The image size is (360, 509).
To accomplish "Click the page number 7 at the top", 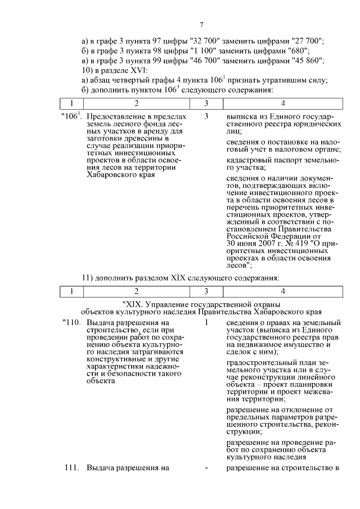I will pyautogui.click(x=200, y=25).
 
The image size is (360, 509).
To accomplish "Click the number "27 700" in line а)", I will pyautogui.click(x=308, y=42).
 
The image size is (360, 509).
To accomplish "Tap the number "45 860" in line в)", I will pyautogui.click(x=308, y=60).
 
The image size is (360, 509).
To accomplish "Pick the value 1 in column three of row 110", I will pyautogui.click(x=207, y=323).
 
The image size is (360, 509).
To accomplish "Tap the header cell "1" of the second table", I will pyautogui.click(x=71, y=291).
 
